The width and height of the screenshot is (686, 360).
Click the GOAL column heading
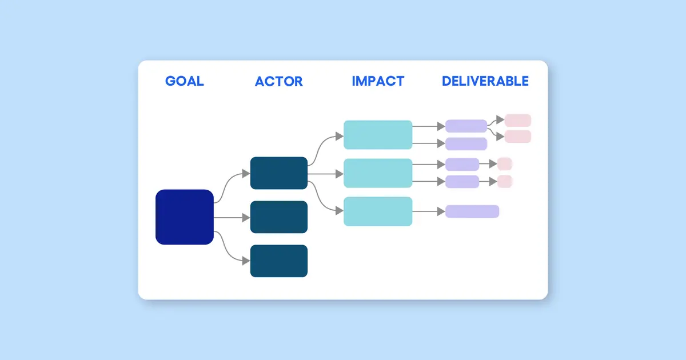pos(184,81)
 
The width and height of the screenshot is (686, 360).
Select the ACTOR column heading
pos(278,81)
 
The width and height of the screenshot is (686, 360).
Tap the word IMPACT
pos(378,81)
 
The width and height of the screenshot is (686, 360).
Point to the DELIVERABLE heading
pos(485,81)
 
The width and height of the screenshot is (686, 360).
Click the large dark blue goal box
pos(185,217)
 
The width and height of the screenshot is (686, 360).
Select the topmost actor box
pos(279,173)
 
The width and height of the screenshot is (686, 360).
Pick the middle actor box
pos(279,217)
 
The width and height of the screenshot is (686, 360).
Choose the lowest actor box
pos(279,261)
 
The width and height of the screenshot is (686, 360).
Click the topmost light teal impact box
pos(378,135)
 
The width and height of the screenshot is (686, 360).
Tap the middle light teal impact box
pos(378,173)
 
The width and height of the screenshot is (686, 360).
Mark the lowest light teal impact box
pos(378,211)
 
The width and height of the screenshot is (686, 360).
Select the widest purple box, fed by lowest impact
pos(472,211)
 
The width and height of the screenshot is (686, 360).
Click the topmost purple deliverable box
pos(466,126)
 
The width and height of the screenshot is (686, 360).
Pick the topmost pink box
pos(518,120)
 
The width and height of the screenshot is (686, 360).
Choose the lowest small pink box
pos(504,182)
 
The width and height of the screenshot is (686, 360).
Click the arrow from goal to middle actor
pos(232,218)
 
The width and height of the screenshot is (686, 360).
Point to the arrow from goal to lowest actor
pos(229,251)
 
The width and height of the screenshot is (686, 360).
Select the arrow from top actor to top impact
pos(326,149)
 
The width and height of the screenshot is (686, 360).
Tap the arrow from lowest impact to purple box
pos(429,211)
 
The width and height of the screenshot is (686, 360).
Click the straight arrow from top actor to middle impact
pos(326,173)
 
